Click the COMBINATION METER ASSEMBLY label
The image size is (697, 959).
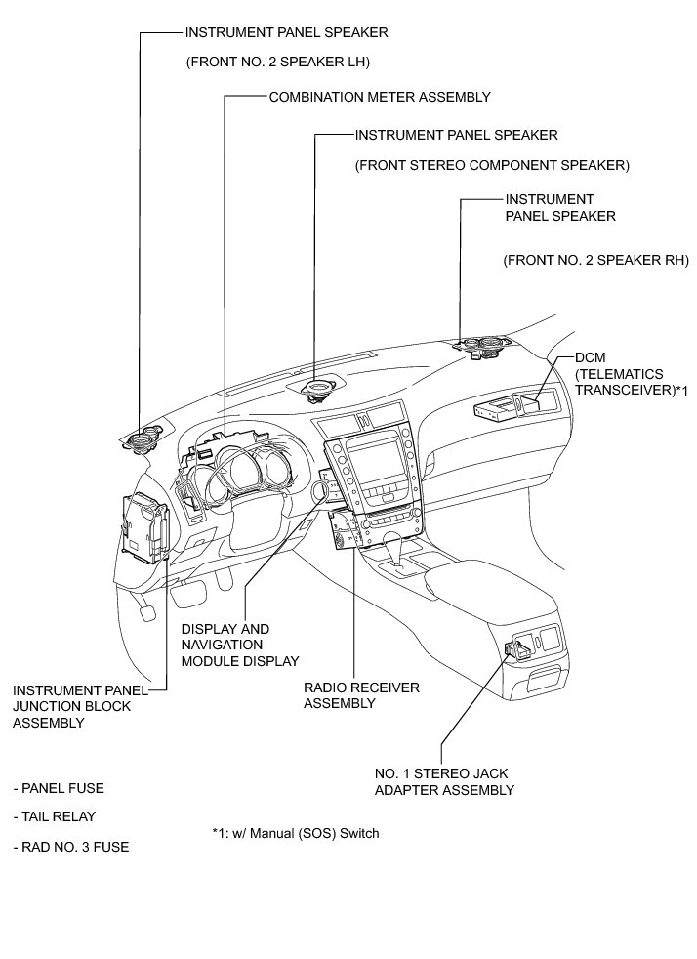point(380,97)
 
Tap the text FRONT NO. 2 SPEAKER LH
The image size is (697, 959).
point(277,62)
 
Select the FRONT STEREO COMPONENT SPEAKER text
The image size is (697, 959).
point(492,165)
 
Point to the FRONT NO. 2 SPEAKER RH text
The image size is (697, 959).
point(596,260)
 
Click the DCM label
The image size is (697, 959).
point(590,357)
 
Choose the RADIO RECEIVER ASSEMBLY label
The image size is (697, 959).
point(361,695)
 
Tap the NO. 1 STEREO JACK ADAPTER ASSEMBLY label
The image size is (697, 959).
point(444,781)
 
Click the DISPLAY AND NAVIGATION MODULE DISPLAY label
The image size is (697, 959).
point(240,645)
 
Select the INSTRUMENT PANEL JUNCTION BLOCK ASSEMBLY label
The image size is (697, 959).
point(80,706)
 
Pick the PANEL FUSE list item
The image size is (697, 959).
point(59,788)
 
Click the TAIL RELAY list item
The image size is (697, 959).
point(55,816)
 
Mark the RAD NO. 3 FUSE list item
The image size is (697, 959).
point(71,847)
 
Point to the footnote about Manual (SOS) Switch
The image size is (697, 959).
point(296,833)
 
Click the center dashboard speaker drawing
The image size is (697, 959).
point(318,388)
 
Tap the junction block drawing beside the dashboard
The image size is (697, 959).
point(144,527)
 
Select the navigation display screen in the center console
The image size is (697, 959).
point(375,460)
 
